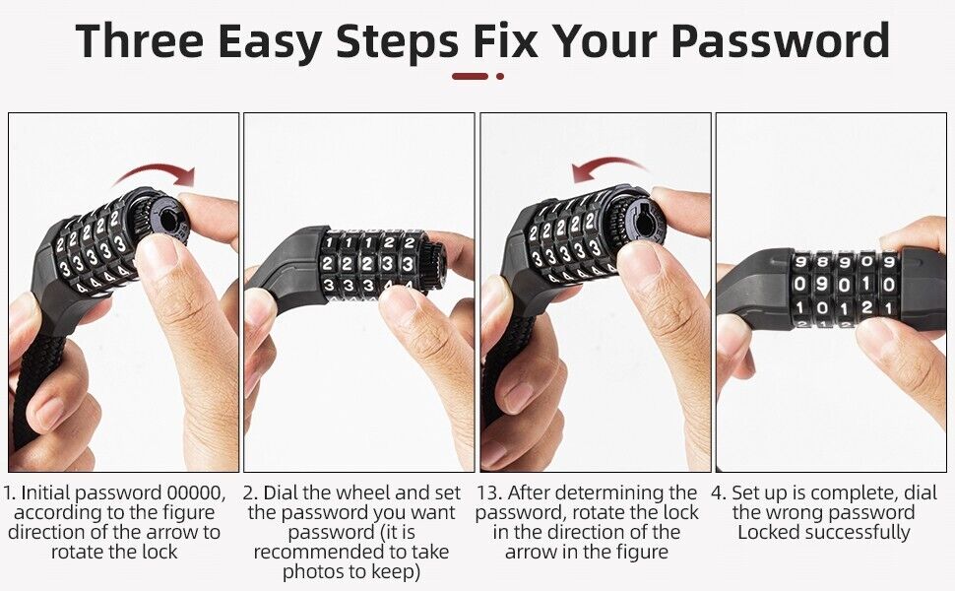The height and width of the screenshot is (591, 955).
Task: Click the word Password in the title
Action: pyautogui.click(x=780, y=40)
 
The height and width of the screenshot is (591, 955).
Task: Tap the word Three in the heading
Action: pyautogui.click(x=140, y=40)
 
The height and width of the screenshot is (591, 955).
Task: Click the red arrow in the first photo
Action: pyautogui.click(x=157, y=173)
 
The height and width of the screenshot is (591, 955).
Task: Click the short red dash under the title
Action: pyautogui.click(x=470, y=76)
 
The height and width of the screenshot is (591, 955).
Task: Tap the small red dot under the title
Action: pyautogui.click(x=500, y=76)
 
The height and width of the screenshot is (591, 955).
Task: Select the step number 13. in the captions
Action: pyautogui.click(x=489, y=492)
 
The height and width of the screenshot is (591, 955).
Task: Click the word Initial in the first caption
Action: pyautogui.click(x=45, y=492)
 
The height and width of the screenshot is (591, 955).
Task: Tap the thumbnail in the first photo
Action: pyautogui.click(x=157, y=256)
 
